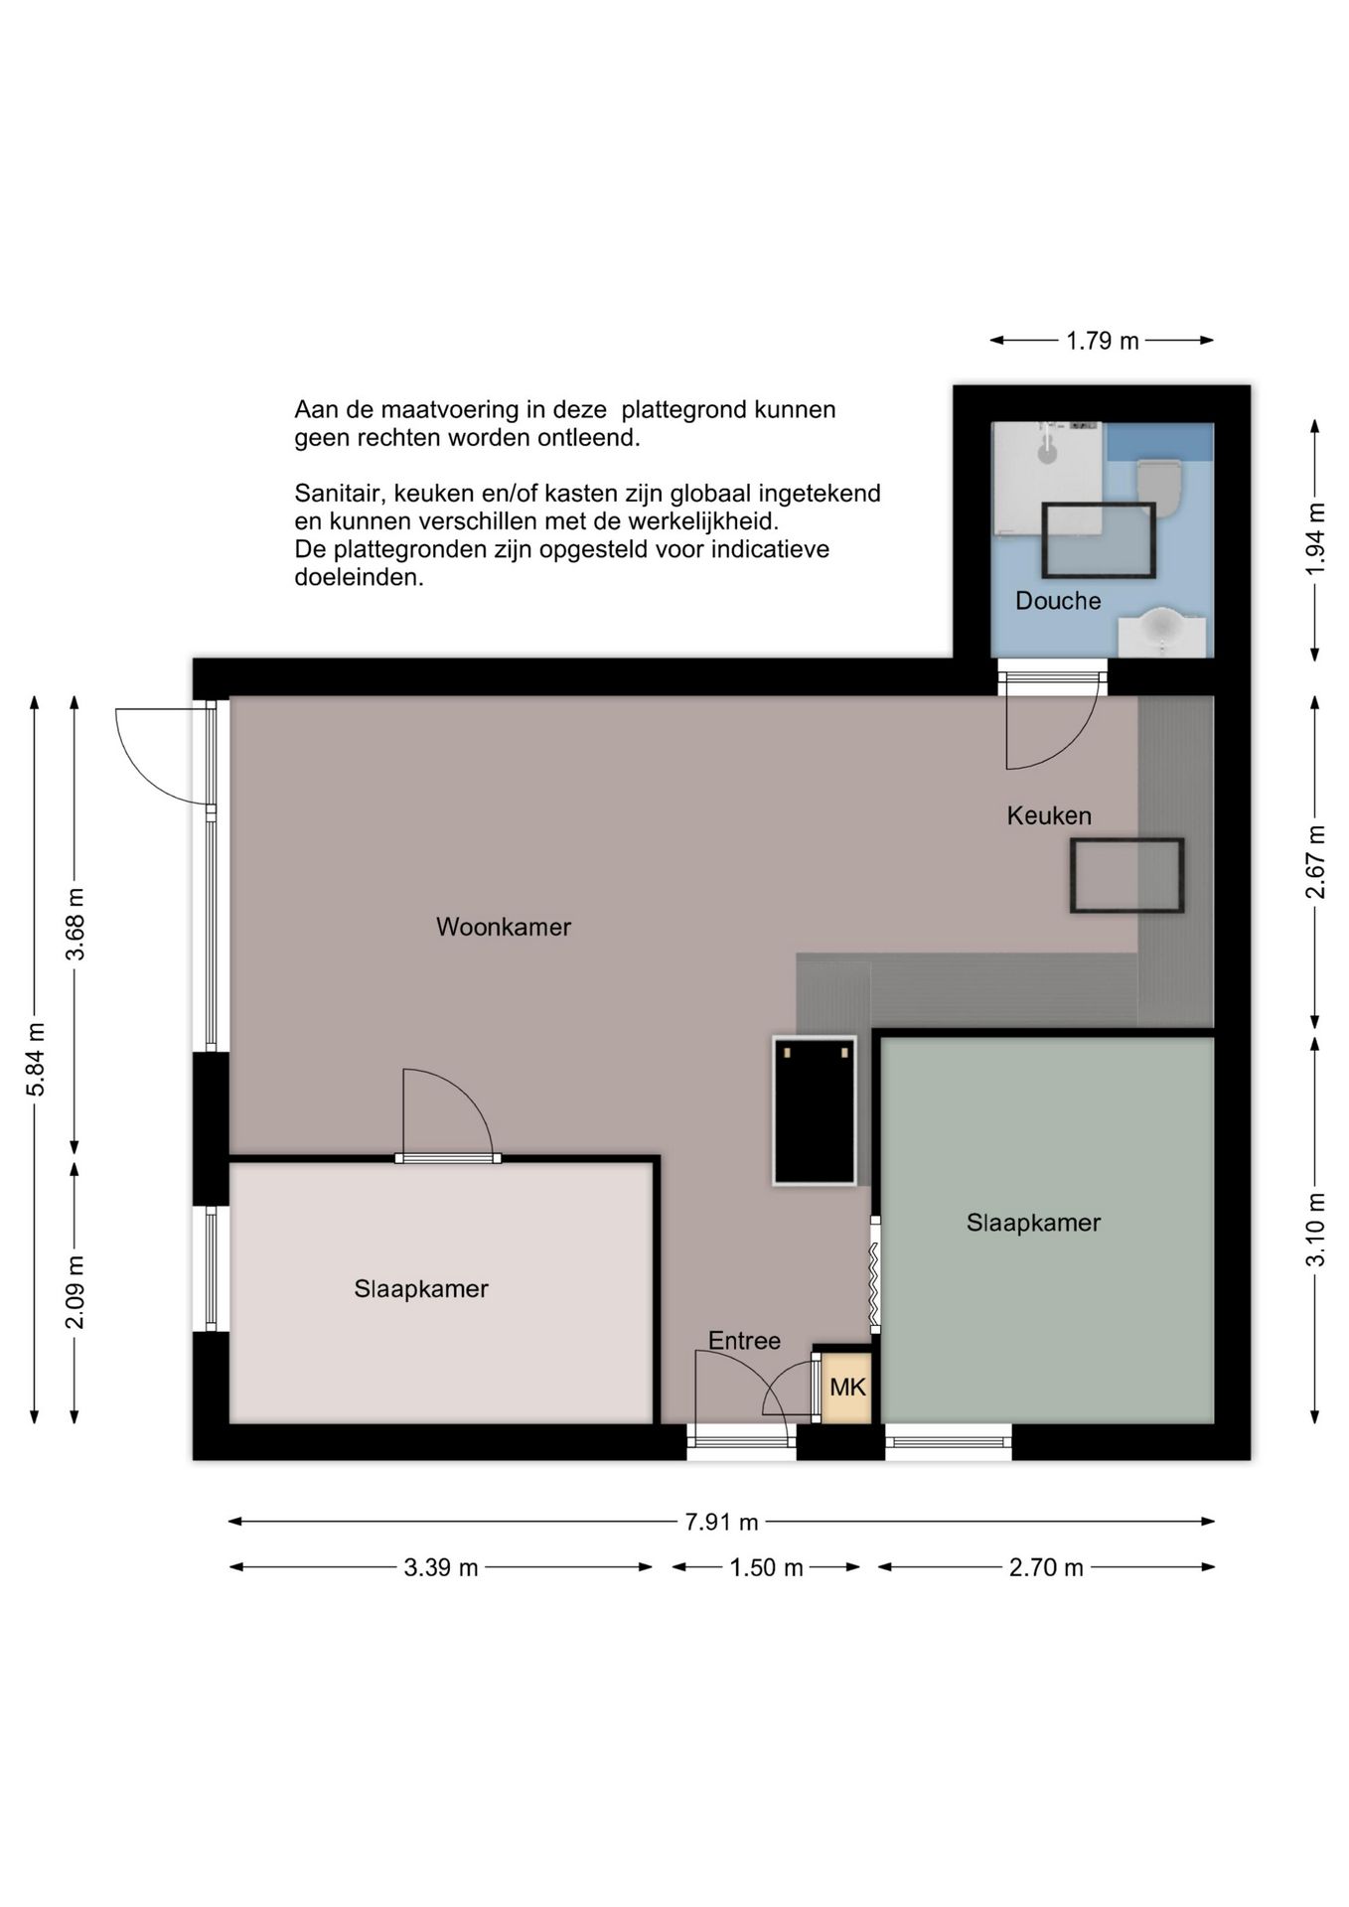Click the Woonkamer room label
[504, 927]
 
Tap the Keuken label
[1049, 815]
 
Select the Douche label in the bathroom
[1058, 601]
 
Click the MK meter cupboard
[847, 1388]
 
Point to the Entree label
[744, 1341]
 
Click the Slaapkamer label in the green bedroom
[1033, 1223]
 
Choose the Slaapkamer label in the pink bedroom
[421, 1289]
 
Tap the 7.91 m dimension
[721, 1522]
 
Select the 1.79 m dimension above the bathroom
[1103, 341]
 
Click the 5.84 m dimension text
[36, 1059]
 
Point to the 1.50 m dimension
[766, 1567]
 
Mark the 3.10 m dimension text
[1315, 1230]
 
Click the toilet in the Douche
[1160, 486]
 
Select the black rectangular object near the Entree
[815, 1110]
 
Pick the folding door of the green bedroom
[875, 1274]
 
